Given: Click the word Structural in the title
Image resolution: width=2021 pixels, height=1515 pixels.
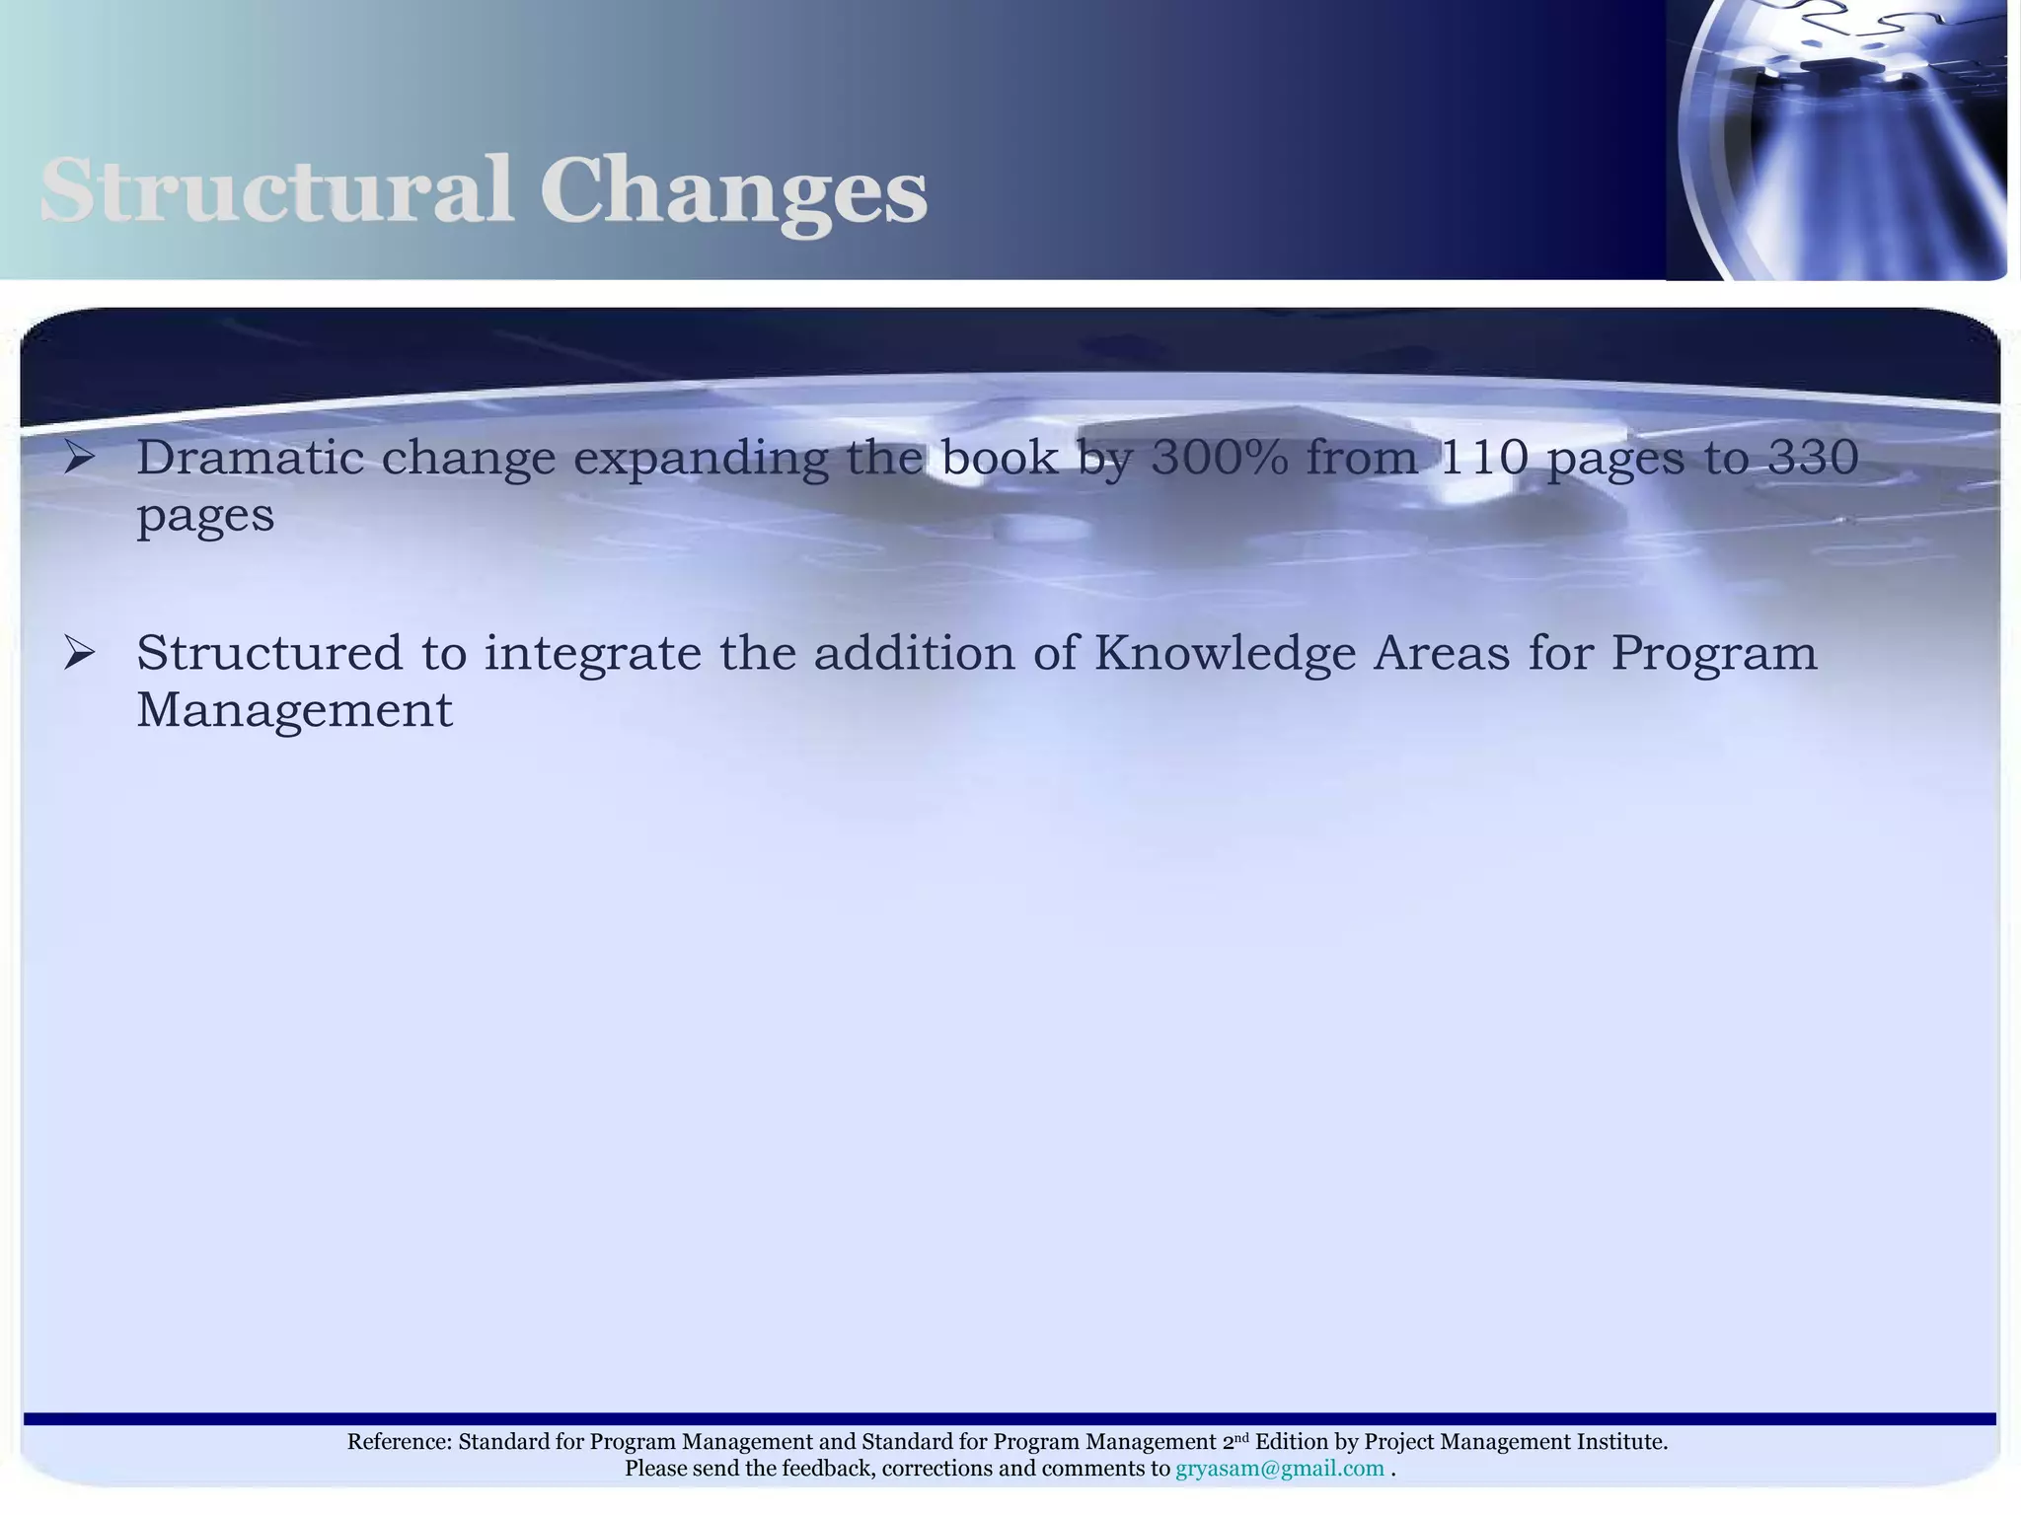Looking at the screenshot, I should click(x=276, y=189).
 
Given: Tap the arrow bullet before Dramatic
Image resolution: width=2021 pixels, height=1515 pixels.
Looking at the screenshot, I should click(x=79, y=457).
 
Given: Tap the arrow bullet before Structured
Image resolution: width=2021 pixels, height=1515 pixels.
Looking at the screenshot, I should click(x=79, y=652).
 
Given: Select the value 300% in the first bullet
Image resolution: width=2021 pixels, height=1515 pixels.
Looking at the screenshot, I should click(x=1220, y=457).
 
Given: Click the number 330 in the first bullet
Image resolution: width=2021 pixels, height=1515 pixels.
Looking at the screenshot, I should click(x=1814, y=457).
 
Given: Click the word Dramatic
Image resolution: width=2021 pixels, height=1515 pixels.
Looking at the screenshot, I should click(x=250, y=457).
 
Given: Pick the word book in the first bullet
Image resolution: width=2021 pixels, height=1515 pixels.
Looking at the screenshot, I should click(x=1000, y=457).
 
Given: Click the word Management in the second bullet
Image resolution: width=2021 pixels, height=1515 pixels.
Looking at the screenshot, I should click(x=294, y=710).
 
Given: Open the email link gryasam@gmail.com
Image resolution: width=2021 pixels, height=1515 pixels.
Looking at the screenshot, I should click(x=1279, y=1469).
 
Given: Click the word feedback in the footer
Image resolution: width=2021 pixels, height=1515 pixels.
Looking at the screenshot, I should click(x=827, y=1469).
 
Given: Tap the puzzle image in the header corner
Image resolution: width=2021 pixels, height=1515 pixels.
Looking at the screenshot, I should click(x=1837, y=140).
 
